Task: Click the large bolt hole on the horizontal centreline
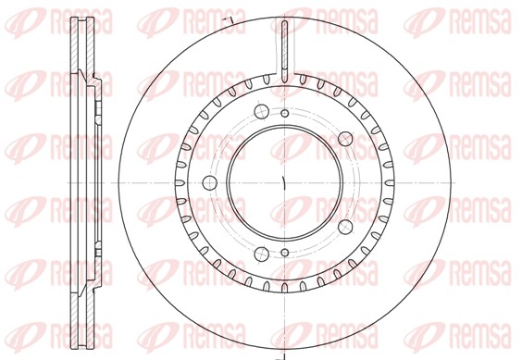(x=210, y=183)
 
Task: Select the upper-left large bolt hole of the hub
(x=261, y=111)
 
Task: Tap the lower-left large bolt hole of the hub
(x=261, y=254)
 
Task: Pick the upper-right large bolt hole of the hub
(x=345, y=139)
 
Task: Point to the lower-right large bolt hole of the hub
(x=345, y=227)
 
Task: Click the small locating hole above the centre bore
(x=285, y=114)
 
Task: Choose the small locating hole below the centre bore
(x=285, y=253)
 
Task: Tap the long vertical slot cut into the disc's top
(x=285, y=51)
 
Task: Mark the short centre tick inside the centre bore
(x=283, y=183)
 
